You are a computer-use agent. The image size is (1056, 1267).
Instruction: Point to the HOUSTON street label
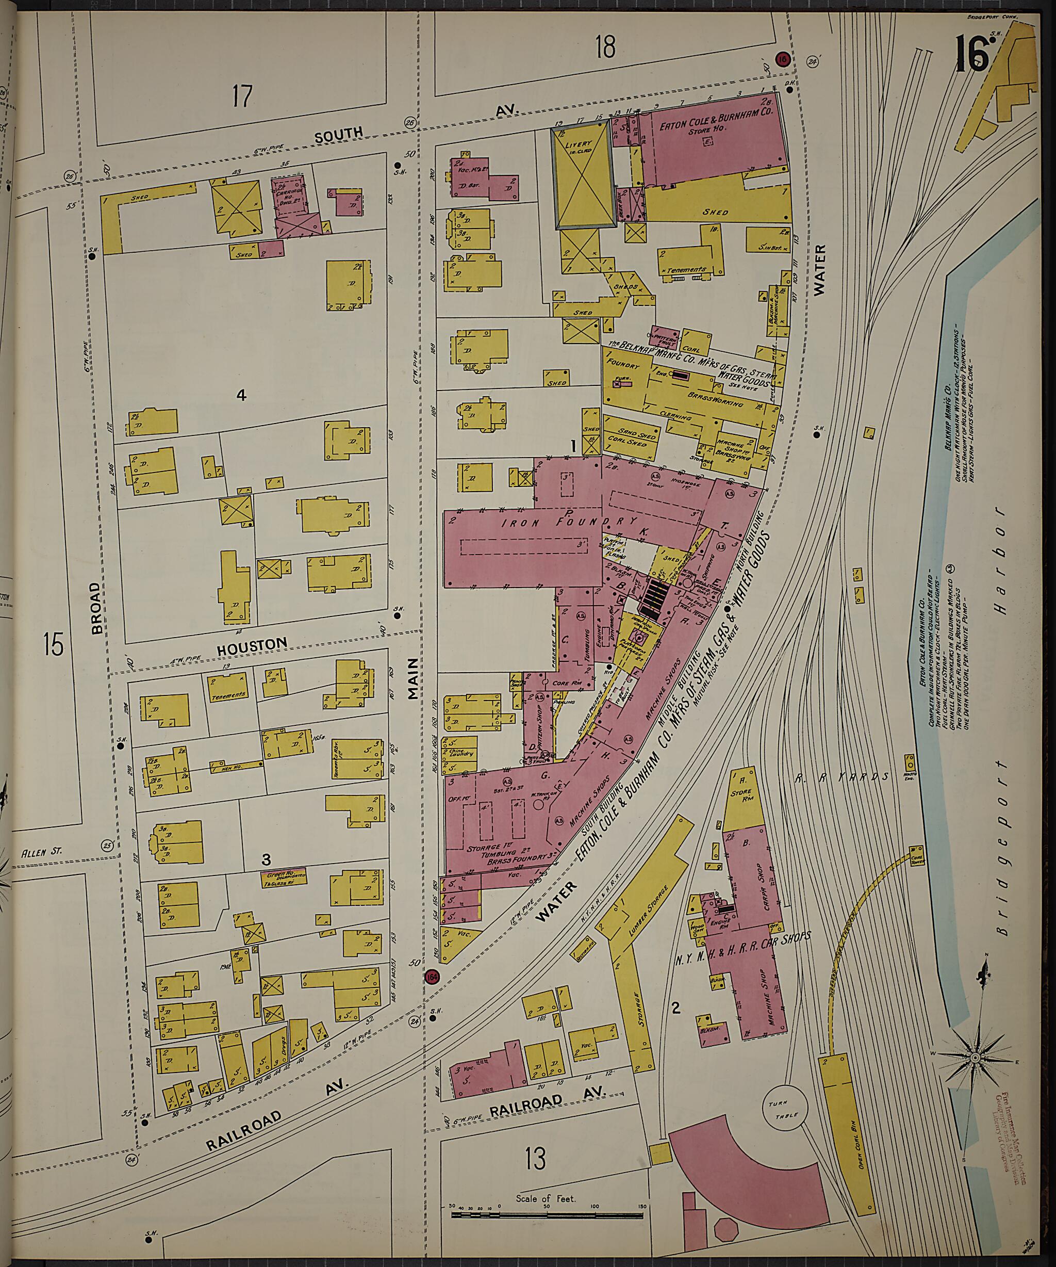(x=252, y=645)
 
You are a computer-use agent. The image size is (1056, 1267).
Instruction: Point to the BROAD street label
(x=96, y=608)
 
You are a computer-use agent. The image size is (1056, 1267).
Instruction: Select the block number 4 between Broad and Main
(x=241, y=395)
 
